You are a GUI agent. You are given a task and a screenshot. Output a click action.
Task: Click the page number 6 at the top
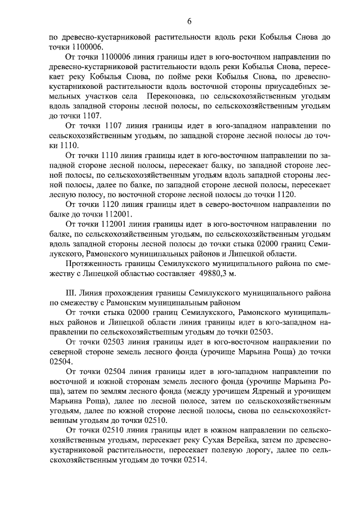pyautogui.click(x=189, y=21)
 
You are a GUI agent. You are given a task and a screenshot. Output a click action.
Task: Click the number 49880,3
pyautogui.click(x=214, y=273)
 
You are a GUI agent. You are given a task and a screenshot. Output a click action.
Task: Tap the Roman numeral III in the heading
pyautogui.click(x=72, y=292)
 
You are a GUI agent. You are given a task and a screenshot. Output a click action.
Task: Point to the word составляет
pyautogui.click(x=171, y=273)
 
